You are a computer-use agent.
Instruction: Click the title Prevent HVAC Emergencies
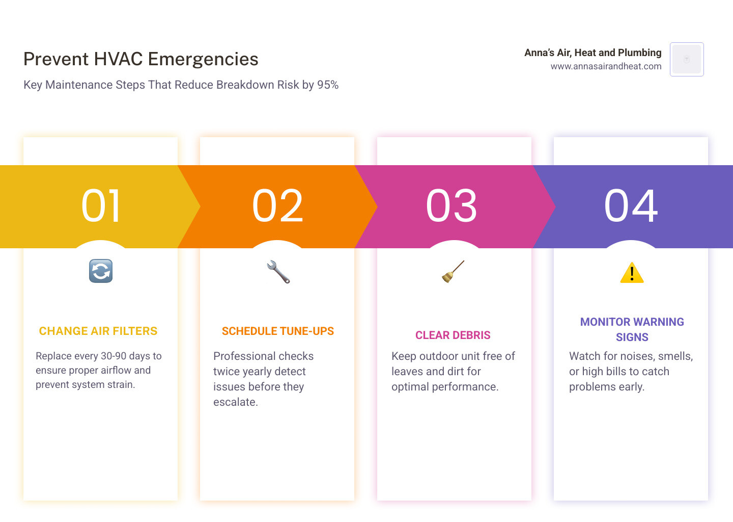[140, 59]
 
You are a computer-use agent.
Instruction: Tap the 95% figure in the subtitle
[328, 85]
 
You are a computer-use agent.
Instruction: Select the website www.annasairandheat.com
[606, 66]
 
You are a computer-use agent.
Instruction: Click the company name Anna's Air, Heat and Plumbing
[593, 53]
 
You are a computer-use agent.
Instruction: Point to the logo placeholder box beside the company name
[687, 59]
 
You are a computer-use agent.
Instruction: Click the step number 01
[101, 206]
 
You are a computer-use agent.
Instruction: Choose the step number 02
[277, 206]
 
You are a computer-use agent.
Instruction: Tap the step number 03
[451, 206]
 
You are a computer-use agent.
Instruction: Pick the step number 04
[631, 206]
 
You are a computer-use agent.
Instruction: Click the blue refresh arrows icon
[101, 271]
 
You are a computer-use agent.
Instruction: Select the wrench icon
[278, 272]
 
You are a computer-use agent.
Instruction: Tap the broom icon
[453, 271]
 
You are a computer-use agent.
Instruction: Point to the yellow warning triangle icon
[632, 273]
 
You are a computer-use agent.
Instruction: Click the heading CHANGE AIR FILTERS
[98, 331]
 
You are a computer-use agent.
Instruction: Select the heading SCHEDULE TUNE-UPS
[278, 331]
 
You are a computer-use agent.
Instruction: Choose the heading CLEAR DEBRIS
[453, 335]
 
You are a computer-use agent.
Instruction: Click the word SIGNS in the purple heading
[632, 337]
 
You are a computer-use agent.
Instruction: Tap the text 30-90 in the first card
[114, 356]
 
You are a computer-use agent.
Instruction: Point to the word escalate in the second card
[236, 402]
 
